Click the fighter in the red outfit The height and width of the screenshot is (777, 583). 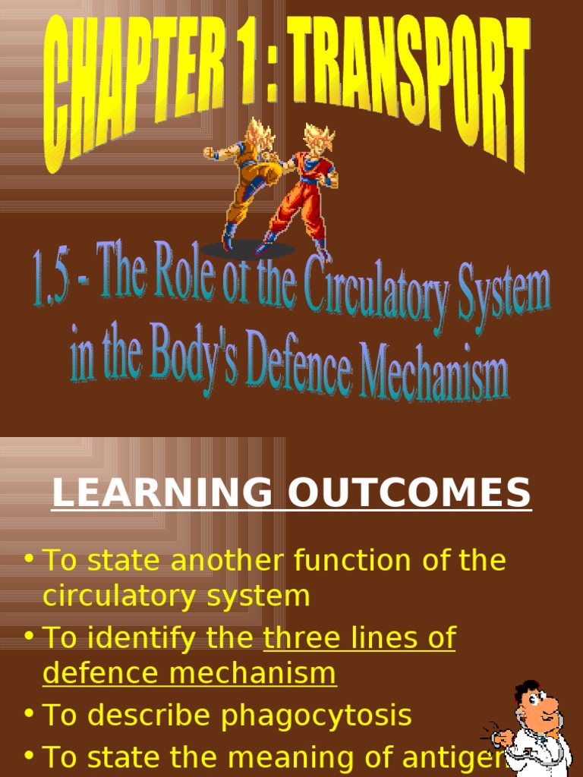coord(304,197)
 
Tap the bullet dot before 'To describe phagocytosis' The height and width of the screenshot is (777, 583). coord(29,714)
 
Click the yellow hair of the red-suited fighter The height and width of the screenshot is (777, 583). coord(318,139)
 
